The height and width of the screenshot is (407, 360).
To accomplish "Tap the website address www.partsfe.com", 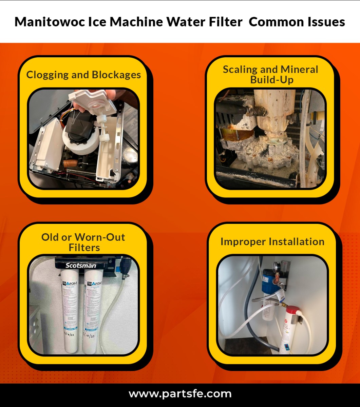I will [x=180, y=394].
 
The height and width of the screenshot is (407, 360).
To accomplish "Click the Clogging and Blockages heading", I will [x=83, y=75].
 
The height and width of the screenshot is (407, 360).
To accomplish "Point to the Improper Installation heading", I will [x=272, y=241].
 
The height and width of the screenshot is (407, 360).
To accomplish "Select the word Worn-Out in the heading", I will [x=100, y=237].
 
